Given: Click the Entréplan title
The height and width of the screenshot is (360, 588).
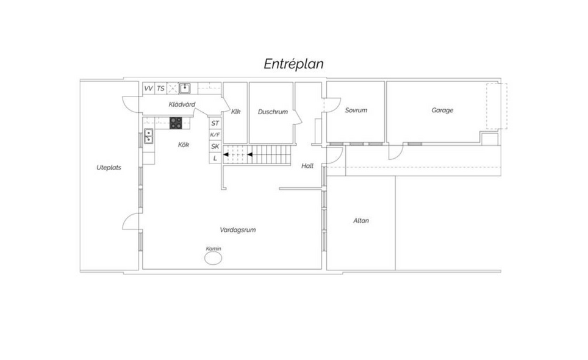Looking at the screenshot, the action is tap(293, 63).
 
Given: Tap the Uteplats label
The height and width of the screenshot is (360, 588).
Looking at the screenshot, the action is tap(109, 168).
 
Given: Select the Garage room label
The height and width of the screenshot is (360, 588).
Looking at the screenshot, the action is tap(442, 110).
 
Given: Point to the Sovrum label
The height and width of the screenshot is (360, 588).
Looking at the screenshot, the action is tap(356, 110).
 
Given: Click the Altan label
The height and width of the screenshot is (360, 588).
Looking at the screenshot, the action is tap(361, 220).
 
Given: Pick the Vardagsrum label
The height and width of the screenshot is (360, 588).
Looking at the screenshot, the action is tap(238, 230).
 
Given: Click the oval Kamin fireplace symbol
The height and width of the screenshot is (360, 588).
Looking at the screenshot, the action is tap(213, 258).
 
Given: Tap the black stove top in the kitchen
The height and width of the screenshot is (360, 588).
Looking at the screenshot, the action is tap(176, 123).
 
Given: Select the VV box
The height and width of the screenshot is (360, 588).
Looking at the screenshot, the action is tap(148, 88).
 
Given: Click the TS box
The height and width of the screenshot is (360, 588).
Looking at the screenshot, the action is tap(160, 88).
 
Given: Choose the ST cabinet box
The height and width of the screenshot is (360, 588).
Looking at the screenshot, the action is tap(215, 123).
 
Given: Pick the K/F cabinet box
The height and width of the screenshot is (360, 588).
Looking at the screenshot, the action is tap(215, 135).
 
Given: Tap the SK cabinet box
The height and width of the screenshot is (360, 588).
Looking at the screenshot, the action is tap(215, 146).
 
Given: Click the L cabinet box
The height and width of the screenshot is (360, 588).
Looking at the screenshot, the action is tap(215, 158).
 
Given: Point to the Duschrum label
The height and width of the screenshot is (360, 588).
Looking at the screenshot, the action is tap(273, 112).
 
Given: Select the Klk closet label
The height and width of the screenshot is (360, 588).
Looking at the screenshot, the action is tap(235, 112).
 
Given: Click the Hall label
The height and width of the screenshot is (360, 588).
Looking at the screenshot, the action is tap(307, 166).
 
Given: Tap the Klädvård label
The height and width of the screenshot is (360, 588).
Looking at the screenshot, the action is tap(182, 104).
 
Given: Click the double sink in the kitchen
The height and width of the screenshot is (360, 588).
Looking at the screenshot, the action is tap(148, 136).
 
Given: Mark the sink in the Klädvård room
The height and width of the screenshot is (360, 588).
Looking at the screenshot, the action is tap(184, 88).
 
